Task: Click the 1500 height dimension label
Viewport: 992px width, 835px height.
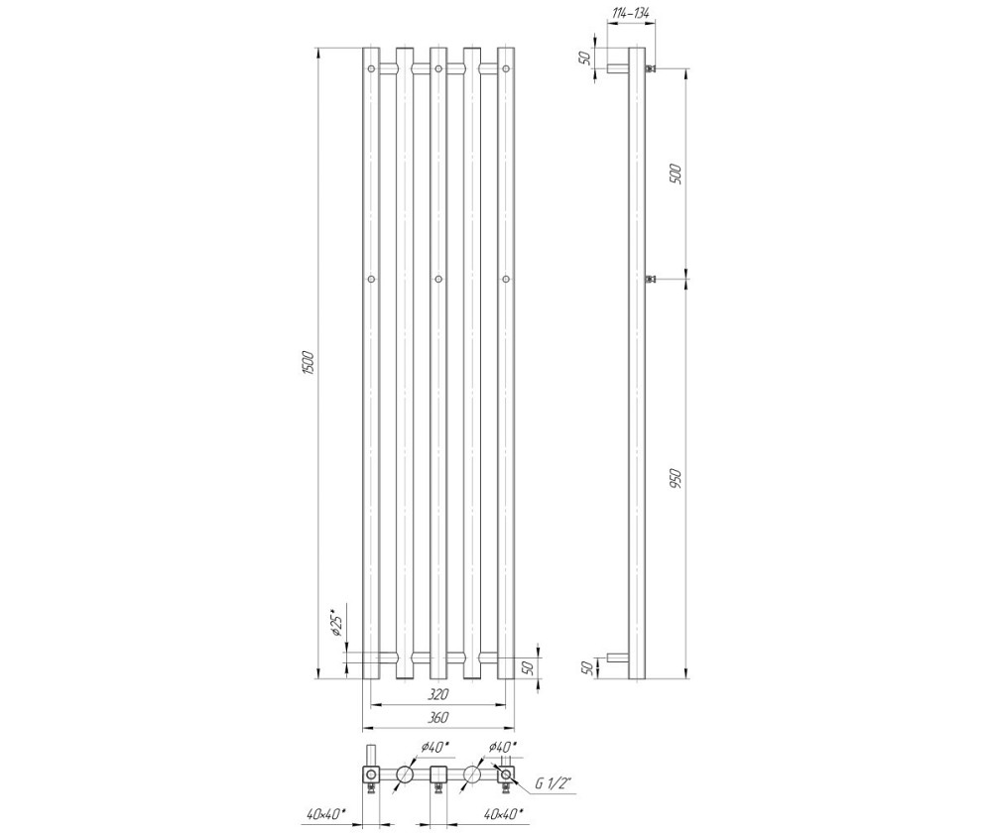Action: [x=309, y=364]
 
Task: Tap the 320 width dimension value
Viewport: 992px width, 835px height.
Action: [x=437, y=694]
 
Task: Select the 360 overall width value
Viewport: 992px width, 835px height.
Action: [x=437, y=718]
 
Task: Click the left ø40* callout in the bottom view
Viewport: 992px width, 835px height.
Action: [x=434, y=748]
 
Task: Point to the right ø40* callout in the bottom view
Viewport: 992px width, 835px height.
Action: [x=503, y=748]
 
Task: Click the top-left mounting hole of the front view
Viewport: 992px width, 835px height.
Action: [x=371, y=68]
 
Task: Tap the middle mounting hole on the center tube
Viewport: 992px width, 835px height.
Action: [x=438, y=279]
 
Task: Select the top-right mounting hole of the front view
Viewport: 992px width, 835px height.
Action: [x=506, y=68]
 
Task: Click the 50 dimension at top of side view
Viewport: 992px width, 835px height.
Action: [x=585, y=58]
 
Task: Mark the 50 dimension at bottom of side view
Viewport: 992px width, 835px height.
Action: [x=586, y=668]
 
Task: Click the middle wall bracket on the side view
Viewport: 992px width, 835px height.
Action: [x=650, y=280]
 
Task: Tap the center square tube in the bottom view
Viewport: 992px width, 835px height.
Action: [x=438, y=775]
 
